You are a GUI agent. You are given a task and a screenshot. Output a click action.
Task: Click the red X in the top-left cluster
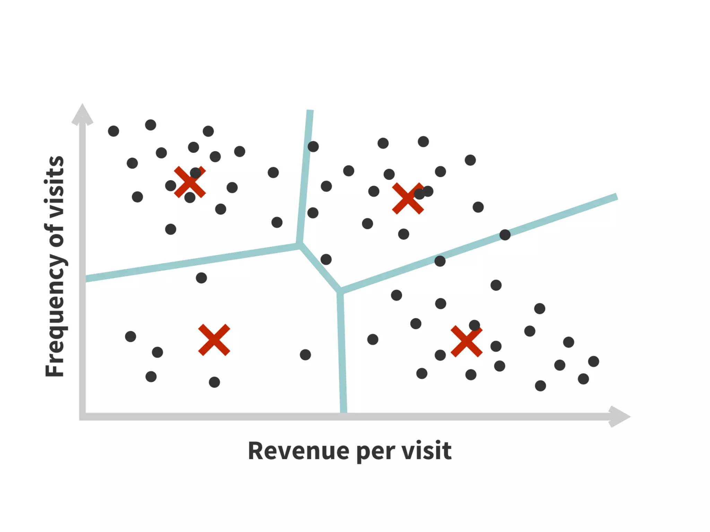point(190,182)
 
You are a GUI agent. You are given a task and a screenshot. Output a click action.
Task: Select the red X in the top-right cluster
point(408,198)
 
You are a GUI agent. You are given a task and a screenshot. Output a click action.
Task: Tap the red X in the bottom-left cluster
point(214,340)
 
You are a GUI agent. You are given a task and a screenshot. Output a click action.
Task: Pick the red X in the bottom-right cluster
point(466,341)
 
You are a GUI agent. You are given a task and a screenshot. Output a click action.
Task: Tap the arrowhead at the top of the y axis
point(82,114)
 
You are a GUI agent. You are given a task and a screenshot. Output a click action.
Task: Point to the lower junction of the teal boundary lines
point(340,291)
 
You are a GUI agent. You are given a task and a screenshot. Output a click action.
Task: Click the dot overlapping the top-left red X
point(196,172)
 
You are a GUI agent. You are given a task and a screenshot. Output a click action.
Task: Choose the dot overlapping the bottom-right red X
point(474,326)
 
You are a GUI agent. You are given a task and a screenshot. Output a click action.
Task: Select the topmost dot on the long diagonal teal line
point(505,235)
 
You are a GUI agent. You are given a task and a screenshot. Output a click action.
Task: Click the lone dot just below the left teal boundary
point(201,278)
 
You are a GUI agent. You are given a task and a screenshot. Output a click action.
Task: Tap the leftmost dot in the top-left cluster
point(113,131)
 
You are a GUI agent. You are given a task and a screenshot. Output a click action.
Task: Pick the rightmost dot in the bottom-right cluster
point(594,362)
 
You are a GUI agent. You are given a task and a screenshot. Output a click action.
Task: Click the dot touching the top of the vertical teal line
point(313,147)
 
